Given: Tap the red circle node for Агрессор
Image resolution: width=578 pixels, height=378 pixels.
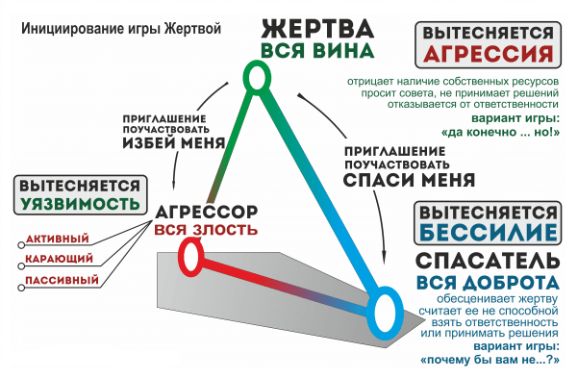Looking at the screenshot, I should coord(189,257).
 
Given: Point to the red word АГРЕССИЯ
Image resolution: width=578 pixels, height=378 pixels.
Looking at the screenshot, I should coord(490,53).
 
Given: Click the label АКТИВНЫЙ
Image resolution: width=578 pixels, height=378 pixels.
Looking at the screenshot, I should coord(58,239).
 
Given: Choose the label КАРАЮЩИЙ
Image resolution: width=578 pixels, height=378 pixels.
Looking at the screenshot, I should coord(58,260).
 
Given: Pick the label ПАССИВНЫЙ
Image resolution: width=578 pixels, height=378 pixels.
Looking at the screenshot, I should coord(58,281).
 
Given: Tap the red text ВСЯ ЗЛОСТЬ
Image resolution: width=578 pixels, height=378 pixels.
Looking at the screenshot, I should coord(205,229).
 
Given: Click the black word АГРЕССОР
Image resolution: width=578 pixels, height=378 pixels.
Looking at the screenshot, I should coord(207,210).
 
